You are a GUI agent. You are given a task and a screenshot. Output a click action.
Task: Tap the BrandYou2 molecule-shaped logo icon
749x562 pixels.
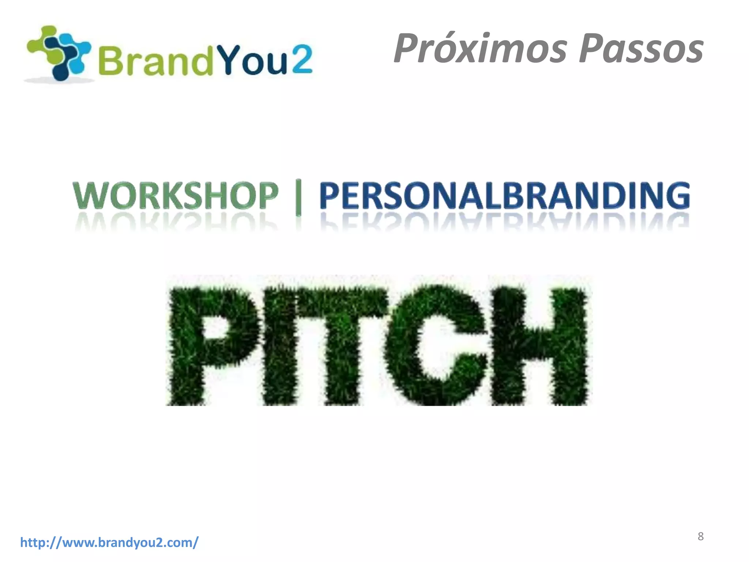pos(59,53)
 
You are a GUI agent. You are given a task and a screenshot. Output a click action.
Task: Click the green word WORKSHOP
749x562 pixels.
pos(176,196)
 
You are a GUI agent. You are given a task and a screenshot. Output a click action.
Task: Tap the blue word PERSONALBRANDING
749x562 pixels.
pos(505,196)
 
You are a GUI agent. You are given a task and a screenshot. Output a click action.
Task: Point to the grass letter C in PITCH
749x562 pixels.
pos(435,346)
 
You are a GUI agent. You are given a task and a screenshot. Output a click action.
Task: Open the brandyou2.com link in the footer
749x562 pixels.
pos(109,542)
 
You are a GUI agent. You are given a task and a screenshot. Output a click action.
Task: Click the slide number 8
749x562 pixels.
pos(700,536)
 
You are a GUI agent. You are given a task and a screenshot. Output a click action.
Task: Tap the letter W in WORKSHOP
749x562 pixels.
pos(89,196)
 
